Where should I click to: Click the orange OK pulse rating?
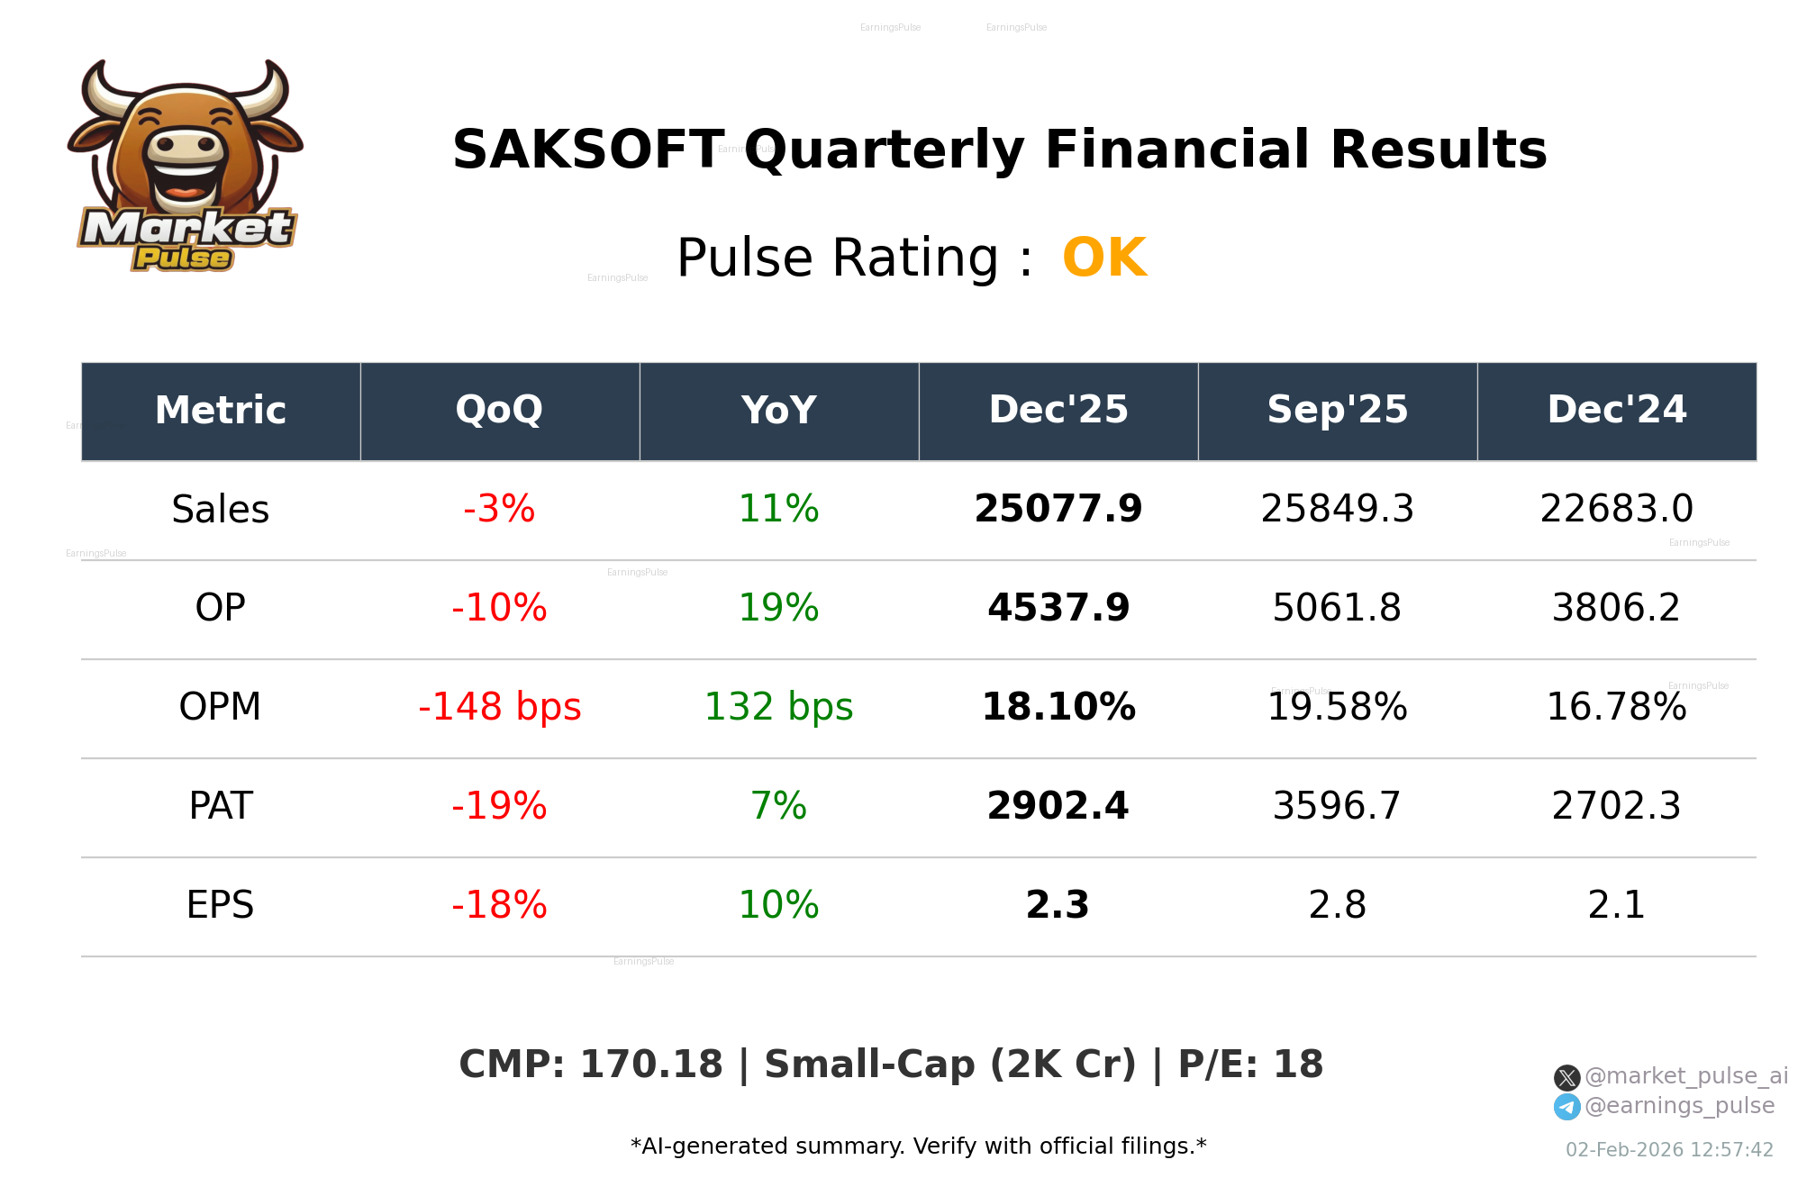coord(1103,258)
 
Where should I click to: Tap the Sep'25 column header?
coord(1337,411)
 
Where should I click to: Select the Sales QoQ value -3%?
coord(499,510)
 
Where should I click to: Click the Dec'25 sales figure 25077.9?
coord(1058,510)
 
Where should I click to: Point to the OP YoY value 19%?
coord(778,609)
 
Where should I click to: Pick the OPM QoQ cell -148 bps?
coord(499,708)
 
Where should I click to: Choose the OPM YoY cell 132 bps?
coord(778,708)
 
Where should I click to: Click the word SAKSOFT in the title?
coord(588,150)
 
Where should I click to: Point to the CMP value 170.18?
coord(650,1065)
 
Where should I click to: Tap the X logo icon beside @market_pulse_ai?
coord(1566,1078)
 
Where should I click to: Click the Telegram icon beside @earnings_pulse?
coord(1566,1107)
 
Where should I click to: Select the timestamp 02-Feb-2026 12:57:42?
coord(1669,1150)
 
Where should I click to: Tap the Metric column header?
coord(220,411)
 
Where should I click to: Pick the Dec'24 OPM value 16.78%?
coord(1616,708)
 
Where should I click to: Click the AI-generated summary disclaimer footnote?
coord(918,1146)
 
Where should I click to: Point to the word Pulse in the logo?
coord(183,258)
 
